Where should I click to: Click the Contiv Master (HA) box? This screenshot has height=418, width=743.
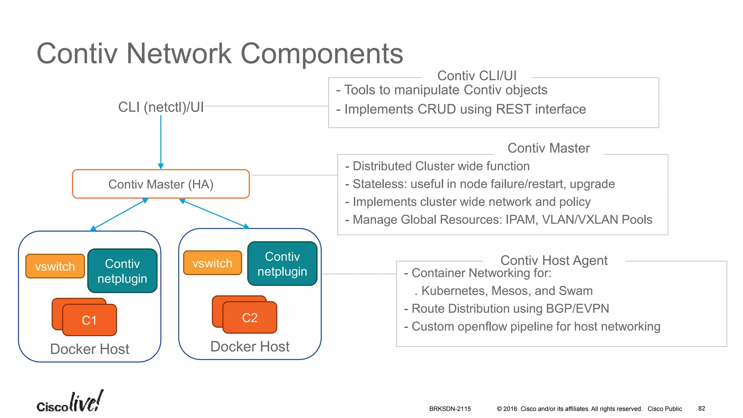point(161,184)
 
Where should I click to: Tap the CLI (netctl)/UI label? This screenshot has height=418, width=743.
point(161,107)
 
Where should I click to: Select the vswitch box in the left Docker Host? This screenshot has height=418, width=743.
point(55,266)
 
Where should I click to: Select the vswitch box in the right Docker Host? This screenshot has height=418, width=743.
point(212,263)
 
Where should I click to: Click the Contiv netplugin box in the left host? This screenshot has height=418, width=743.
point(122,271)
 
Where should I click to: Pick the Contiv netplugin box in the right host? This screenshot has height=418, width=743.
point(282,264)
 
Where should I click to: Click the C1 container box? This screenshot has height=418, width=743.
point(90,320)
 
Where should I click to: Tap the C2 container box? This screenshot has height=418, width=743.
point(250,317)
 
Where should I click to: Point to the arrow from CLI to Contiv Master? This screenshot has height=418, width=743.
point(161,142)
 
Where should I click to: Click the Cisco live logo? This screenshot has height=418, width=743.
point(70,402)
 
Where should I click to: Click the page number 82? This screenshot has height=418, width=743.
point(701,409)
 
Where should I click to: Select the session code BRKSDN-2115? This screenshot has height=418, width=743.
point(450,409)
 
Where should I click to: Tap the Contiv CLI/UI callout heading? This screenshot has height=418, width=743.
point(477,76)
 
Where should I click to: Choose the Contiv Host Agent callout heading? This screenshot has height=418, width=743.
point(554,261)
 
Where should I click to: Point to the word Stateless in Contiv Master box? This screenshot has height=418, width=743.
point(379,184)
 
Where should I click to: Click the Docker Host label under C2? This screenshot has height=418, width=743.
point(250,347)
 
